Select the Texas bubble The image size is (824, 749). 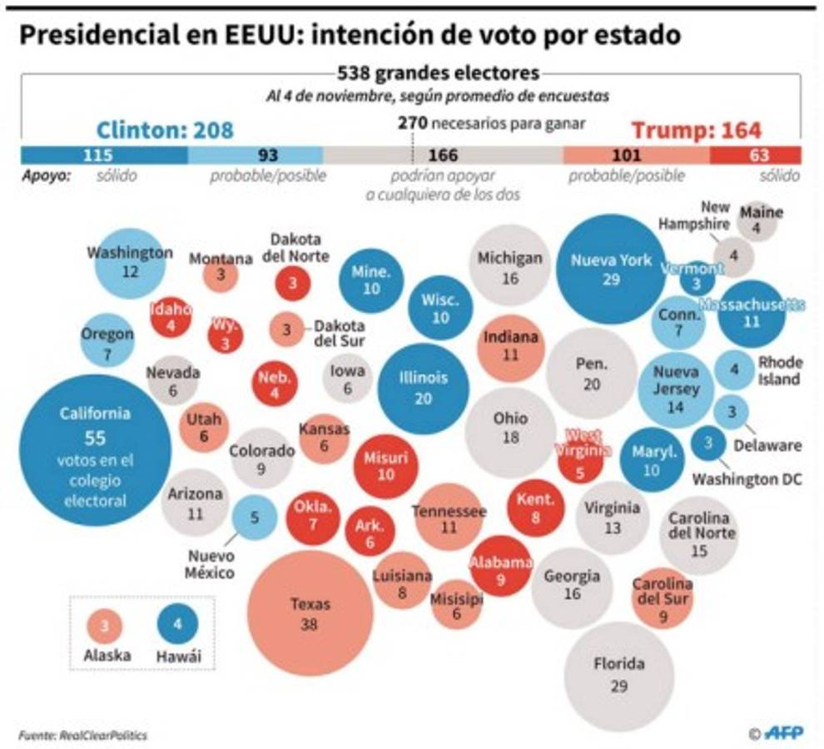tap(310, 613)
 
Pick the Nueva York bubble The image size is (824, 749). tap(611, 269)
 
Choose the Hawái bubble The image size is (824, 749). tap(177, 623)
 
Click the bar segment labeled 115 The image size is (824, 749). tap(104, 155)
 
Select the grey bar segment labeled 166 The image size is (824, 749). tap(443, 155)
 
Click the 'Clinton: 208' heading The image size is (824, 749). tap(165, 131)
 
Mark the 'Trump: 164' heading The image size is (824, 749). tap(696, 131)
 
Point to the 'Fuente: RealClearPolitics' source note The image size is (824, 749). tap(83, 735)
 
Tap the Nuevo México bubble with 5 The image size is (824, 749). tap(255, 517)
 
